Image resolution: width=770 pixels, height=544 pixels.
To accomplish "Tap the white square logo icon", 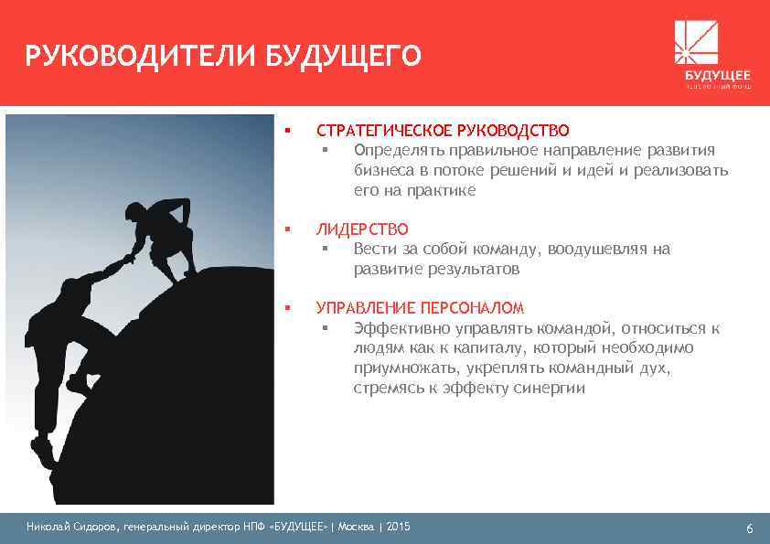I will pos(696,42).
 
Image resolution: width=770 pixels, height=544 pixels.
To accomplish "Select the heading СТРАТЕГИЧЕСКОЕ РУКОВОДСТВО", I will pos(443,131).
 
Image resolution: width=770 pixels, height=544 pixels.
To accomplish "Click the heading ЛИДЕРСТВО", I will pos(362,229).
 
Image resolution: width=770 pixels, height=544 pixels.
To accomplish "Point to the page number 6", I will pos(749,528).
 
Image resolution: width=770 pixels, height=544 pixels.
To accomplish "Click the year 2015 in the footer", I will pos(400,527).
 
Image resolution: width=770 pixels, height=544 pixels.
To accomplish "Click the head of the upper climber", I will pos(133,212).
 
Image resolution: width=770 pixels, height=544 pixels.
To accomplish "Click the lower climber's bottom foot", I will pos(42,453).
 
